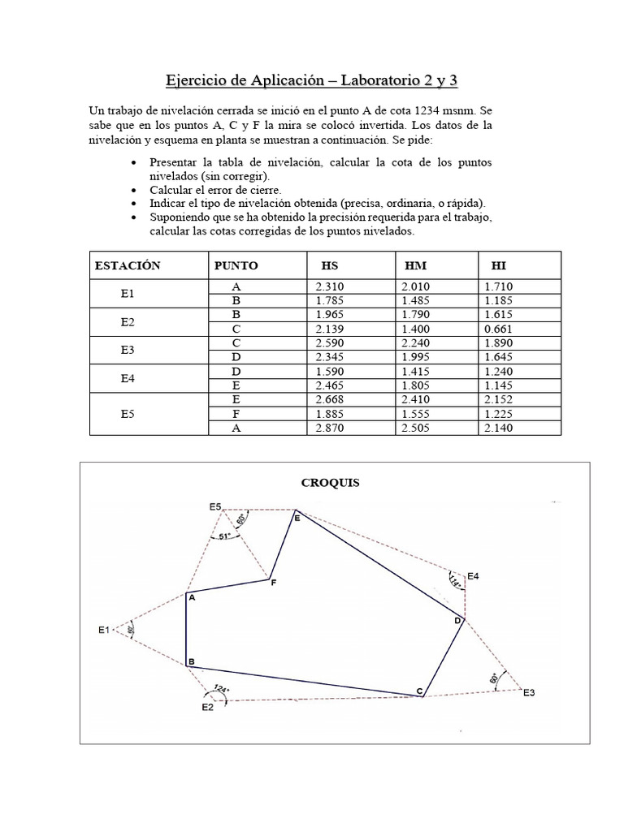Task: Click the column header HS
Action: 330,265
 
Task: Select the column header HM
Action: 416,265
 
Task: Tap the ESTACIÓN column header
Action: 128,265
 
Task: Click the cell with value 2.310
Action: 331,286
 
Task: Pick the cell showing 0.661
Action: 497,329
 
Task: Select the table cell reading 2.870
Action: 331,428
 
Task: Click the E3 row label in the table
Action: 128,350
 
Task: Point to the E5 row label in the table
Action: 128,413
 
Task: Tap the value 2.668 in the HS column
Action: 331,400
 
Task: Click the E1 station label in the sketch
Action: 103,630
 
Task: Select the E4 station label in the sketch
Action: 472,576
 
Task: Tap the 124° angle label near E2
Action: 220,689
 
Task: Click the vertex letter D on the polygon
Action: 457,621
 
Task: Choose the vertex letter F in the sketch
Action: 273,583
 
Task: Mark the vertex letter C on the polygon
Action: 419,691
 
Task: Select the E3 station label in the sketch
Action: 529,692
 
